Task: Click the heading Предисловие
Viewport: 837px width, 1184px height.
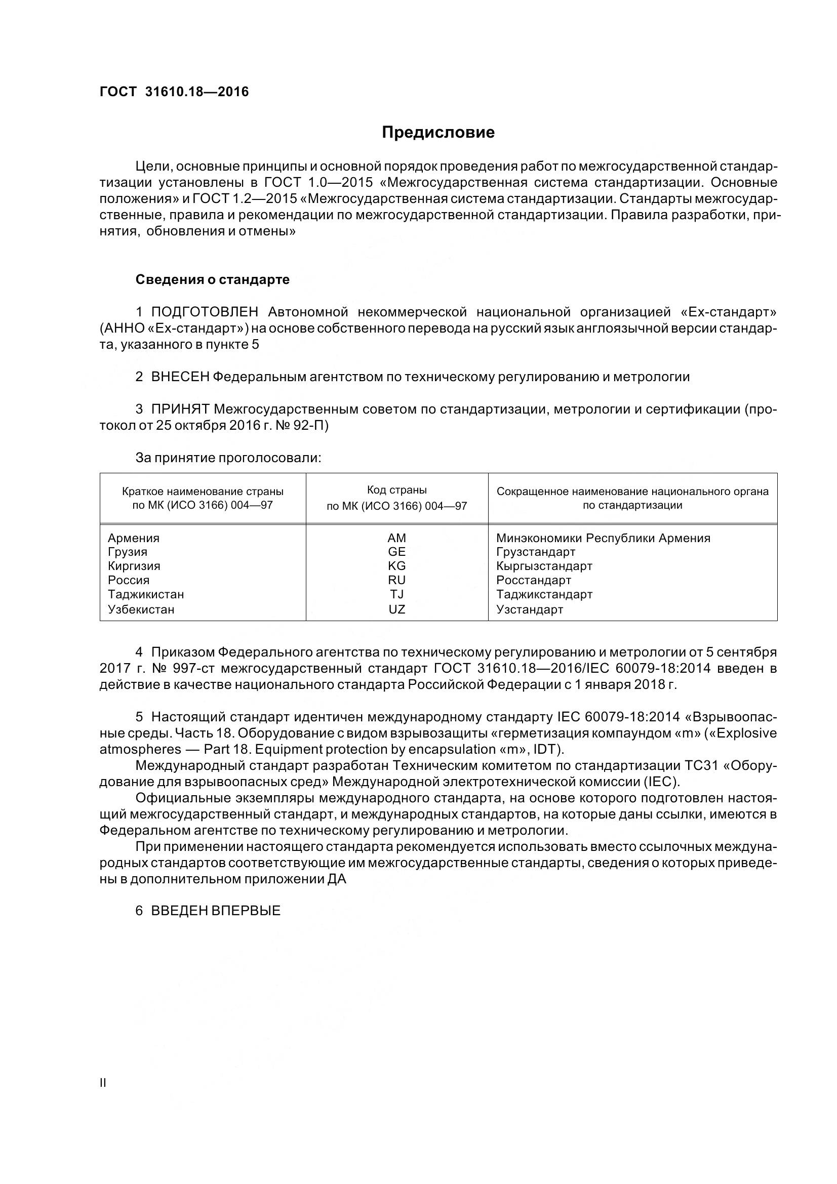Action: point(438,133)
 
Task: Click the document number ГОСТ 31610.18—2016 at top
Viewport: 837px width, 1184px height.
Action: point(174,92)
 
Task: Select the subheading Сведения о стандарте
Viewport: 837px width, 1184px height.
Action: point(212,279)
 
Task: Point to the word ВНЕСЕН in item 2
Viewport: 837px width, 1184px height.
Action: point(180,377)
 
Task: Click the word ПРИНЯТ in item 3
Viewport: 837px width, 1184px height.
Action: point(180,410)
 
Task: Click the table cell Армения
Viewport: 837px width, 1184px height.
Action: point(134,538)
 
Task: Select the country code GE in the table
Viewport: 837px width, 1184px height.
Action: point(396,552)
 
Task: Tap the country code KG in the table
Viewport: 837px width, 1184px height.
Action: point(396,566)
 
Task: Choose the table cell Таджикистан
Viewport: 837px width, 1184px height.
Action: point(145,594)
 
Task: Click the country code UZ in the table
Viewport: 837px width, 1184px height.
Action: point(396,609)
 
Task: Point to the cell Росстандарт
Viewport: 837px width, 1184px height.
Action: point(533,580)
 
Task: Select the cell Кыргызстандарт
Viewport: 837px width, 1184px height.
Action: point(544,566)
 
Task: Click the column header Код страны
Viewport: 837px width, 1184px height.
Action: point(396,490)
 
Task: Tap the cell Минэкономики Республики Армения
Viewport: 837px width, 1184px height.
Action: point(603,538)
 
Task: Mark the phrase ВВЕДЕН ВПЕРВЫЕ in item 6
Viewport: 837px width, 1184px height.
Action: point(216,911)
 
